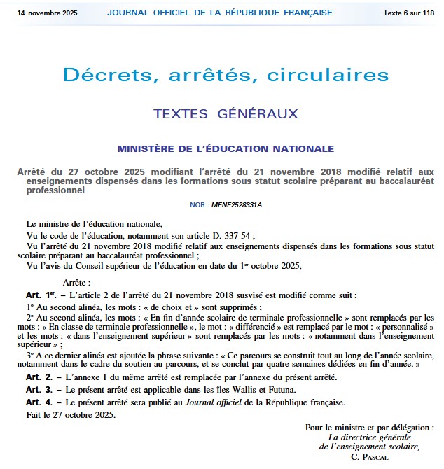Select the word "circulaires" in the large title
coord(325,75)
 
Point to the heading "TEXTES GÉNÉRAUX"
coord(225,113)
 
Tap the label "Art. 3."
coord(39,389)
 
